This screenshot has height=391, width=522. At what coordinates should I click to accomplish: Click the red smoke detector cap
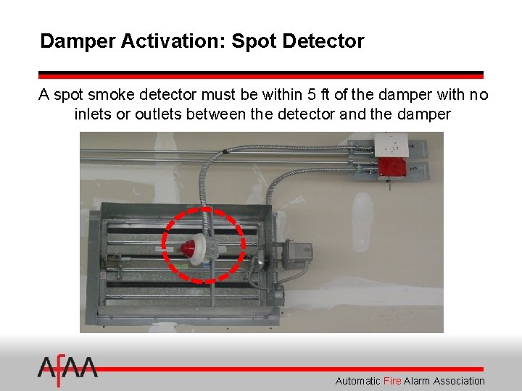coord(188,248)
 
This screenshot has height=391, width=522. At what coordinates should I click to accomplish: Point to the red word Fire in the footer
coord(392,381)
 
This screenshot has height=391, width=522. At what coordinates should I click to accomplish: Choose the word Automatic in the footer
coord(357,381)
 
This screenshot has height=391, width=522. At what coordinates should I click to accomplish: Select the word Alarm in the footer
coord(416,381)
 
